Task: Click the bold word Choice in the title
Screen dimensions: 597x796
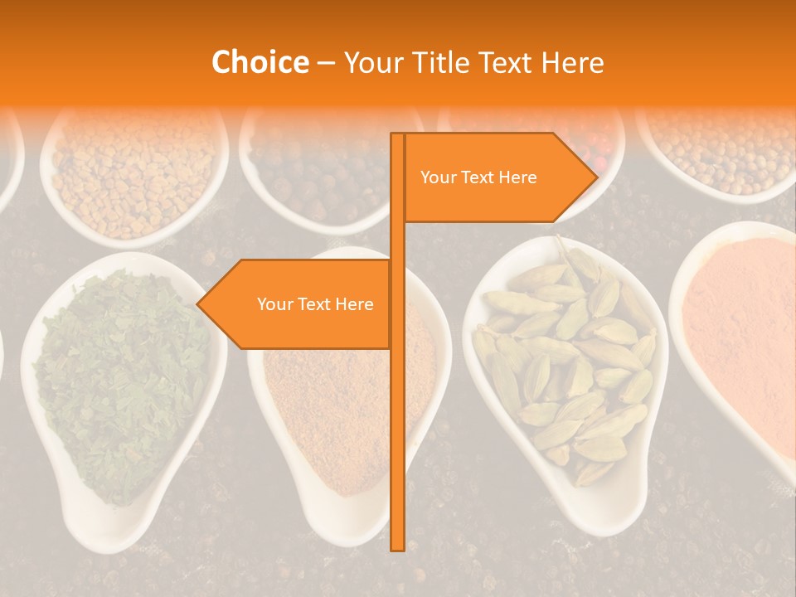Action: tap(260, 62)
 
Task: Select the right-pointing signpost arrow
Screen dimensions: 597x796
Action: tap(498, 177)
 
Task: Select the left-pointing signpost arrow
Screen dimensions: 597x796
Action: tap(298, 304)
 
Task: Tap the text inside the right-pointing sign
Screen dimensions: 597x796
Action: tap(478, 177)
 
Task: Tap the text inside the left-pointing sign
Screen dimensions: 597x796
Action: tap(315, 304)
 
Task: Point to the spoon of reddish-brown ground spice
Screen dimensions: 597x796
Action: tap(348, 406)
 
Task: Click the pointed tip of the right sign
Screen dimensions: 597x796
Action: tap(595, 177)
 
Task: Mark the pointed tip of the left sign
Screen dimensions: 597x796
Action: tap(199, 304)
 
